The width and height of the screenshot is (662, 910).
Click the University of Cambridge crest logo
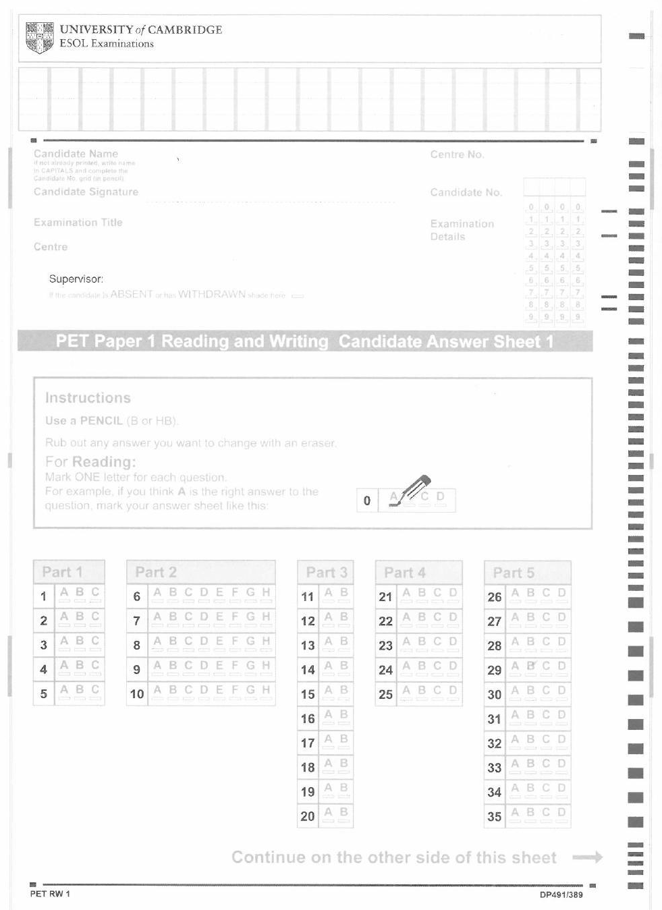click(x=39, y=37)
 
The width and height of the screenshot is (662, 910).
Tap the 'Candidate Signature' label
click(x=86, y=192)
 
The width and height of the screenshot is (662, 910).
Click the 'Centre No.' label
click(x=457, y=154)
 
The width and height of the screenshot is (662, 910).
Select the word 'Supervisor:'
click(x=76, y=279)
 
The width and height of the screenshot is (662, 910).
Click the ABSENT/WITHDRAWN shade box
click(x=298, y=295)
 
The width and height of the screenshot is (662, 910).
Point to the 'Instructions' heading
click(x=88, y=397)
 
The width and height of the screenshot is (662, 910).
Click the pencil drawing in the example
click(x=414, y=490)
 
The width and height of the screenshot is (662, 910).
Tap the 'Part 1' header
click(x=62, y=572)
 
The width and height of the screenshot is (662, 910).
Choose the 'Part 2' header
click(x=155, y=572)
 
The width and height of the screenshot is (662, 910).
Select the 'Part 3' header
click(x=326, y=573)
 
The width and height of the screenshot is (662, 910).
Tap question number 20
click(x=308, y=816)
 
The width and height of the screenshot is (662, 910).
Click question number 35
click(x=495, y=816)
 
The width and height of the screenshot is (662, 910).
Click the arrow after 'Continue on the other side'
click(x=587, y=857)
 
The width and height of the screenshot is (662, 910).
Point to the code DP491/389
click(x=561, y=894)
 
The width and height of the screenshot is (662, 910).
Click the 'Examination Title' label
click(x=78, y=223)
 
